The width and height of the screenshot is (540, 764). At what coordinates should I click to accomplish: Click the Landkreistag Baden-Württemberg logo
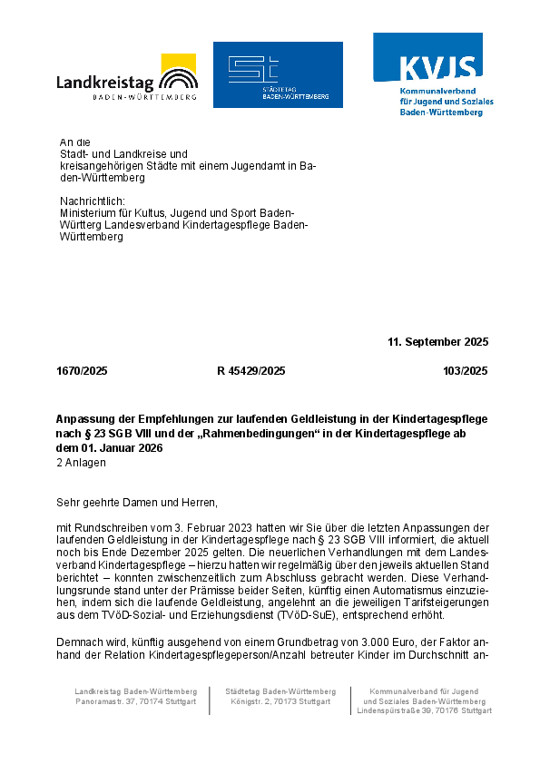(126, 76)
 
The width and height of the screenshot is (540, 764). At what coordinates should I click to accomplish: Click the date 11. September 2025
(437, 342)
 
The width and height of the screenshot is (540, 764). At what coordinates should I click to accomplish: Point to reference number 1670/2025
(82, 371)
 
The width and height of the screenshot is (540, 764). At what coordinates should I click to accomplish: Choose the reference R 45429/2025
(251, 371)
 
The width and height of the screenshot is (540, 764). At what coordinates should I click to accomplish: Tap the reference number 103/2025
(465, 371)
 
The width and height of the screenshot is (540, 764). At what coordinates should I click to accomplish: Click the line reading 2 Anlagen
(81, 462)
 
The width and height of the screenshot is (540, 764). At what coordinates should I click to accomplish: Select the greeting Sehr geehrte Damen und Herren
(137, 502)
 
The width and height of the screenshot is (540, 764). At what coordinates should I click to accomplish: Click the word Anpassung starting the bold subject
(85, 420)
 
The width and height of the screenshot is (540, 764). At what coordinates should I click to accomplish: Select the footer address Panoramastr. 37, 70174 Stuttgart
(136, 701)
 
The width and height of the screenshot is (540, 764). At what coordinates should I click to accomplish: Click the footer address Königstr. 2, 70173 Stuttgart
(280, 701)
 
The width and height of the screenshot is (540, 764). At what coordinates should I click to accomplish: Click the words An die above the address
(75, 142)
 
